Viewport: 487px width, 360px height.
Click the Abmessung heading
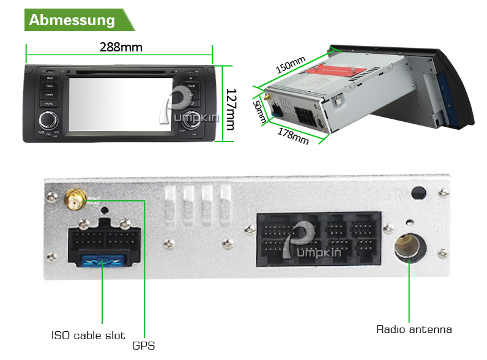tap(72, 20)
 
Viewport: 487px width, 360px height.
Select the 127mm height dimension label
tap(231, 109)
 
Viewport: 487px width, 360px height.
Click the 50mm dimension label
tap(260, 111)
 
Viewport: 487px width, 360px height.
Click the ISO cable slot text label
tap(88, 336)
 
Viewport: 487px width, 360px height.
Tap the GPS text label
tap(144, 346)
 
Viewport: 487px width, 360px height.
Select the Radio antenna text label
tap(414, 329)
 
